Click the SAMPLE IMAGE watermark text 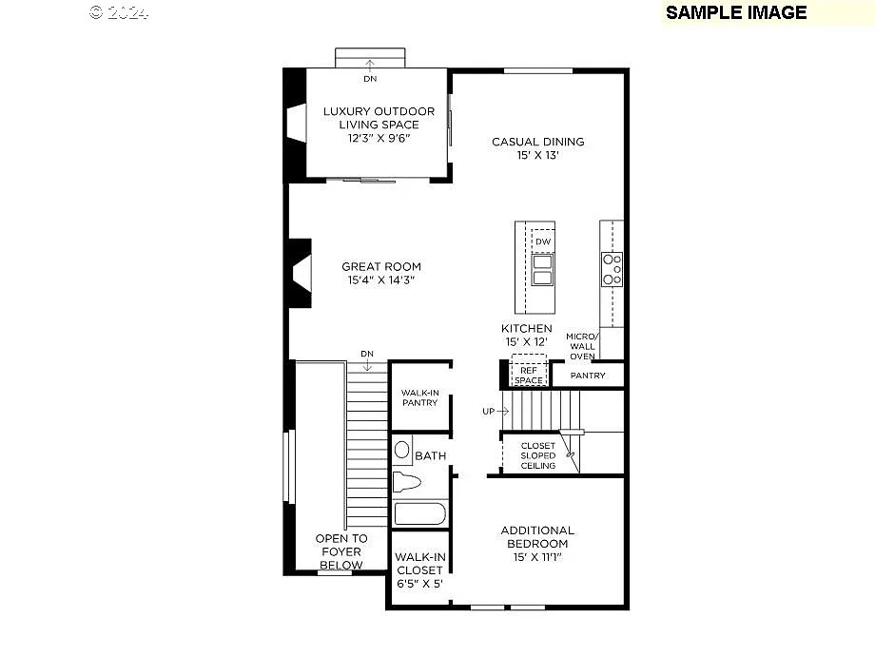735,12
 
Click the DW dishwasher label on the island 542,241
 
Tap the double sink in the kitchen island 542,269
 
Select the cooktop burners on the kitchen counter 612,269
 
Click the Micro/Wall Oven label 581,346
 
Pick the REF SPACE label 529,376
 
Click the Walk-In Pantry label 419,396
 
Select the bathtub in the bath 419,514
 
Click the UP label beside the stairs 488,412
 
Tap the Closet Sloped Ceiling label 537,455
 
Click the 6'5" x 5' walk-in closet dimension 418,584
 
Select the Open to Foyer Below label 340,551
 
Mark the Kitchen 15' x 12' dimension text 527,341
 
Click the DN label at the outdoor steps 369,79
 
